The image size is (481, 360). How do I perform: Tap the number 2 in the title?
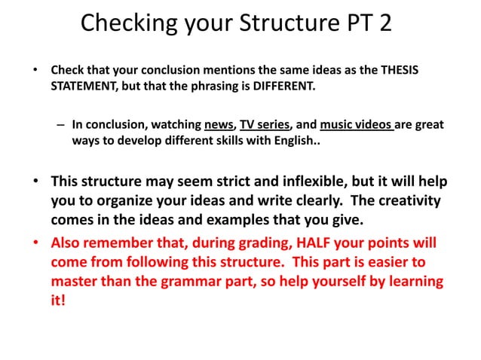click(x=384, y=23)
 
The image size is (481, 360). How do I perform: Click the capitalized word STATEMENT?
click(x=84, y=87)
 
